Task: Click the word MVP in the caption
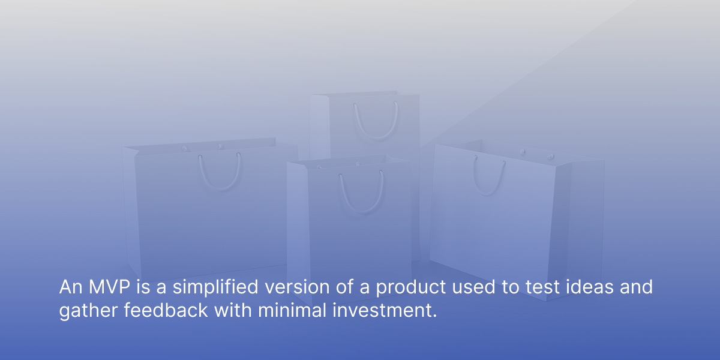[x=109, y=287]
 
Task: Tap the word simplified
[x=215, y=287]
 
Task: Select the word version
[x=297, y=287]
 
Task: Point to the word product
[x=411, y=287]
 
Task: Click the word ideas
[x=589, y=287]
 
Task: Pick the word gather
[x=88, y=311]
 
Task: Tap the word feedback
[x=166, y=310]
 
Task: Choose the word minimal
[x=292, y=310]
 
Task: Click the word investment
[x=385, y=310]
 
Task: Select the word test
[x=542, y=287]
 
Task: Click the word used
[x=473, y=287]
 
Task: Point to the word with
[x=233, y=310]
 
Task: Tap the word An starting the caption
[x=71, y=287]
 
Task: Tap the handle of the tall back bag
[x=376, y=138]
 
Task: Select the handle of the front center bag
[x=362, y=211]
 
